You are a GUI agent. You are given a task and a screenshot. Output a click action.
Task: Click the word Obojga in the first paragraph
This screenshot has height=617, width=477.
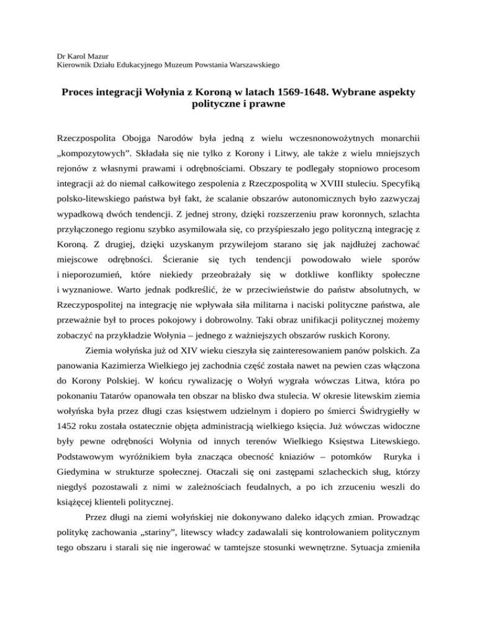tap(135, 133)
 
